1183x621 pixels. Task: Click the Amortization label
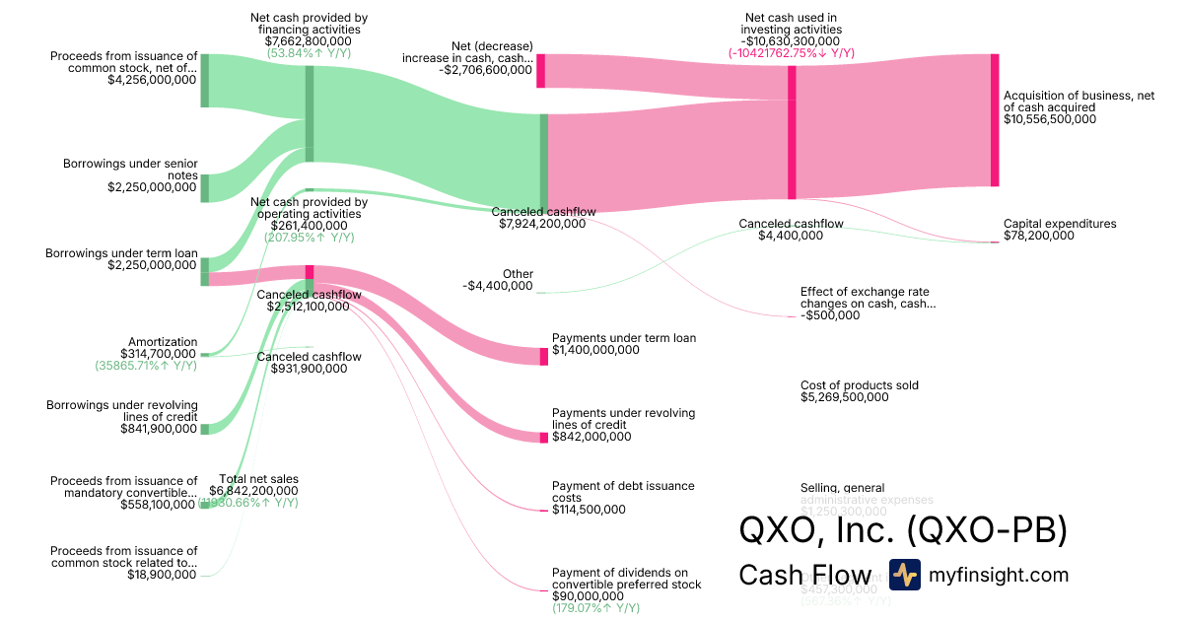(x=163, y=341)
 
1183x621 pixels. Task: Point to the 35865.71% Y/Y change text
(x=146, y=366)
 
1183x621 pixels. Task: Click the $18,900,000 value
(x=162, y=575)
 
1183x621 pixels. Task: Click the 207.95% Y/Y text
(x=310, y=238)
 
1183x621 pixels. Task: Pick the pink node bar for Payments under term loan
(x=543, y=356)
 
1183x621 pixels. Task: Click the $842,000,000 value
(x=591, y=437)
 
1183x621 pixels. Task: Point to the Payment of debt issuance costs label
(x=623, y=492)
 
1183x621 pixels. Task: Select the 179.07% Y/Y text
(x=595, y=608)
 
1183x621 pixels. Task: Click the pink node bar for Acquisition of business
(x=995, y=119)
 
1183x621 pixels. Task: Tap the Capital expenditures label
(x=1060, y=224)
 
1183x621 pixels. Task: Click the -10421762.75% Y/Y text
(x=793, y=53)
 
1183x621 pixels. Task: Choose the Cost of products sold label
(x=860, y=385)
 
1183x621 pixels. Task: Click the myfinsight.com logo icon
(x=904, y=575)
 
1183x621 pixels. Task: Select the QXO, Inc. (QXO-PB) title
(x=903, y=530)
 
